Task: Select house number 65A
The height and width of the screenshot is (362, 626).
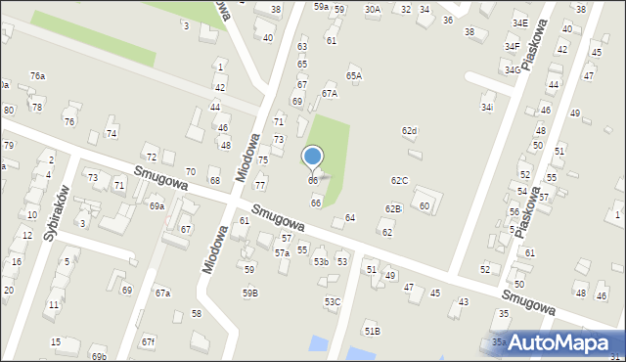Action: (x=354, y=75)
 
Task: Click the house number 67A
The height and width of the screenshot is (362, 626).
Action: (x=330, y=94)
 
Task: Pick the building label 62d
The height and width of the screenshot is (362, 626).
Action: (x=410, y=131)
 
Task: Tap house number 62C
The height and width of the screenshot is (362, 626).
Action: (x=399, y=181)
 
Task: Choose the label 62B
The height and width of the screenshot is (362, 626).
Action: (x=392, y=208)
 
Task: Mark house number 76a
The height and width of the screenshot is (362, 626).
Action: (x=37, y=75)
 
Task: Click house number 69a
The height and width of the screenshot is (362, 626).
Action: (x=156, y=206)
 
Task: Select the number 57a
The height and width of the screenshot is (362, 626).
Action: (x=282, y=253)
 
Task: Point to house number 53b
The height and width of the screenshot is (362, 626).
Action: (x=321, y=262)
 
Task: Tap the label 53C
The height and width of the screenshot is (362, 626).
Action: (x=333, y=302)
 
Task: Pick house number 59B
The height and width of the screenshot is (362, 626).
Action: (x=250, y=293)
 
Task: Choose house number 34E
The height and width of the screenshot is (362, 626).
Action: (x=519, y=23)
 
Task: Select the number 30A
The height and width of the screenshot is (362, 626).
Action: (x=373, y=9)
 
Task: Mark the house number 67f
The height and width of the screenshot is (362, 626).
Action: (x=148, y=341)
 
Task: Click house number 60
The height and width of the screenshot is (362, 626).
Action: (x=425, y=206)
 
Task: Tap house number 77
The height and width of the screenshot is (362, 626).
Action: (x=260, y=185)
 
